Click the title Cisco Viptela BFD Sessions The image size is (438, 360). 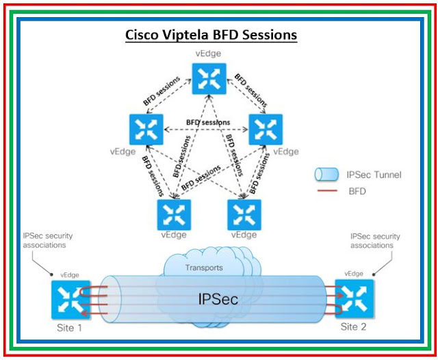pos(211,35)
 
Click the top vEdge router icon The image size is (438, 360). pos(209,79)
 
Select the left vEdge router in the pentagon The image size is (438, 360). pos(146,130)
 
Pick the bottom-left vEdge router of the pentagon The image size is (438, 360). pos(174,214)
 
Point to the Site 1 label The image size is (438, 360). pos(69,328)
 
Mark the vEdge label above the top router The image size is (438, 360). pos(209,53)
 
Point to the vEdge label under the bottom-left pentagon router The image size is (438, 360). pos(174,234)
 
